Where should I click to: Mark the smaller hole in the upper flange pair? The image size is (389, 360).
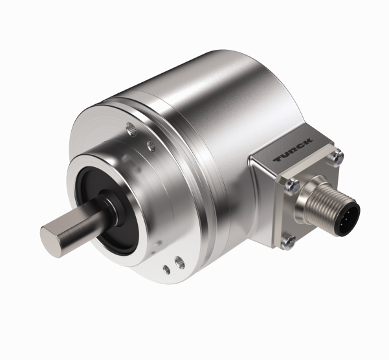pos(148,139)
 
